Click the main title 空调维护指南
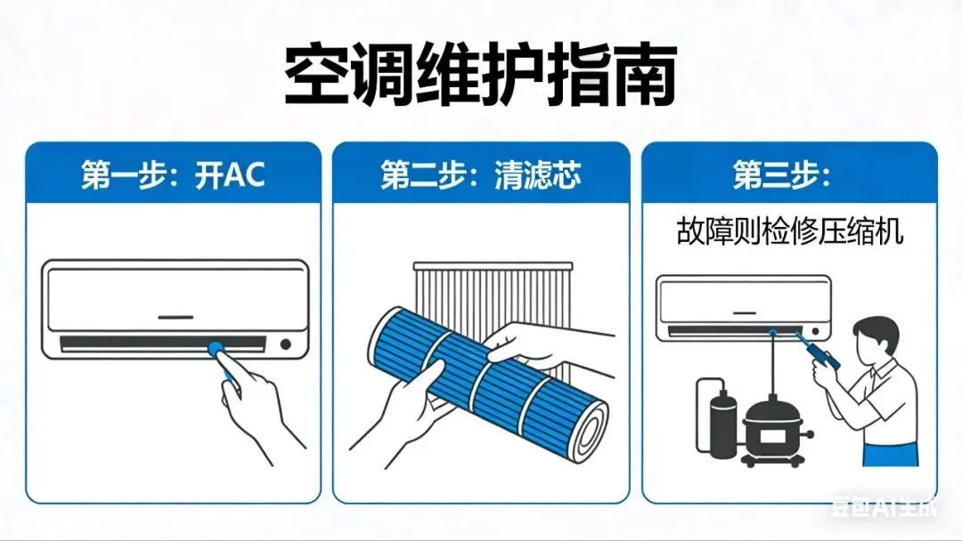point(480,76)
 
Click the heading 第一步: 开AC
point(173,175)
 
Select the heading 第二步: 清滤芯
point(480,175)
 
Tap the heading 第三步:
point(782,175)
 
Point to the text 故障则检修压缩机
point(789,231)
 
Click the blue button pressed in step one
point(216,350)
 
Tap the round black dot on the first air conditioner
point(285,344)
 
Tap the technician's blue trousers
point(891,454)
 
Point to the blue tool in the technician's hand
point(816,349)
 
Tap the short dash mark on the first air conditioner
point(175,318)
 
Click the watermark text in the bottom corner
point(884,506)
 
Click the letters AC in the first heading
point(244,175)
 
